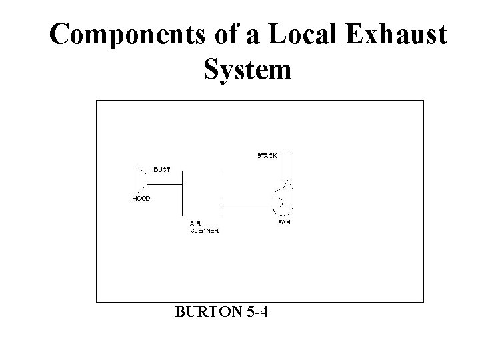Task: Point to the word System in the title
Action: click(x=245, y=69)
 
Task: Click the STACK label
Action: click(x=267, y=156)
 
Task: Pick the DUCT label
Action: click(x=162, y=170)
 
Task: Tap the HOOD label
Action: click(x=141, y=199)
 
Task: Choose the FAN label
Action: click(x=284, y=223)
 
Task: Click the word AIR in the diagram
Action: click(x=195, y=223)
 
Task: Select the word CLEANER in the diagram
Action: click(x=204, y=231)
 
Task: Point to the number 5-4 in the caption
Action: click(x=255, y=312)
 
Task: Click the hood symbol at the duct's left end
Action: click(x=141, y=179)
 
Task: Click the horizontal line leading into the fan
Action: click(x=247, y=207)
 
